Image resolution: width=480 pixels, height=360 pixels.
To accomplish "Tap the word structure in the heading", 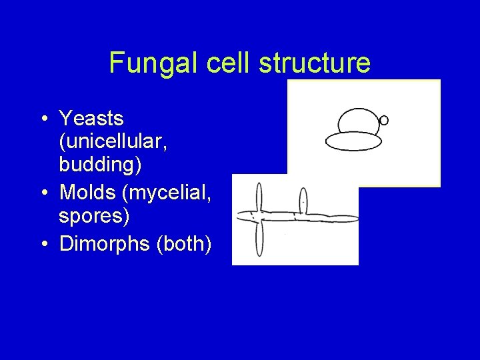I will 316,63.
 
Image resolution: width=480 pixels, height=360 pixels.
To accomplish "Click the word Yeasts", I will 91,119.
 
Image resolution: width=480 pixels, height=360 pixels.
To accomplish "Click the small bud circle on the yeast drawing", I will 383,121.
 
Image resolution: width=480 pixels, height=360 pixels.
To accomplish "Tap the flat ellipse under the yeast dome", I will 353,141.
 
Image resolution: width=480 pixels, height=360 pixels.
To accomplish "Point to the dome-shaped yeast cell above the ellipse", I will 359,121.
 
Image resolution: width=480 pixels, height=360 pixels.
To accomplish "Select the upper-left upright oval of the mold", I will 259,196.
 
